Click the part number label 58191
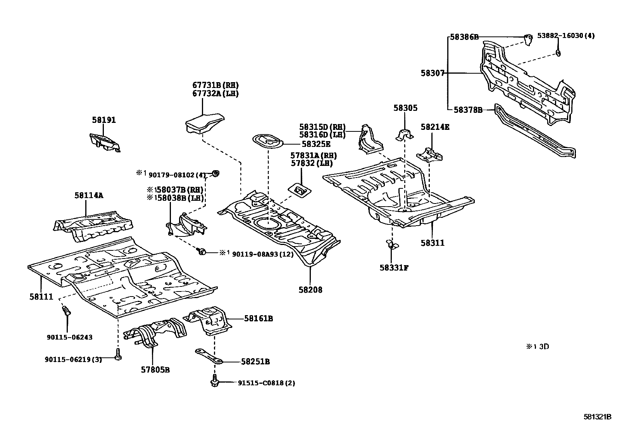pyautogui.click(x=104, y=120)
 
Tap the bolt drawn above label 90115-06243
pyautogui.click(x=66, y=311)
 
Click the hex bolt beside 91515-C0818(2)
pyautogui.click(x=214, y=382)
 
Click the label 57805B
pyautogui.click(x=155, y=369)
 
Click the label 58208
pyautogui.click(x=310, y=290)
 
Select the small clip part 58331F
pyautogui.click(x=392, y=245)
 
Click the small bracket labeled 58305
pyautogui.click(x=404, y=135)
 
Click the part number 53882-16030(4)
pyautogui.click(x=566, y=36)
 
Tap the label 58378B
pyautogui.click(x=468, y=110)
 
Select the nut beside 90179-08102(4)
pyautogui.click(x=216, y=173)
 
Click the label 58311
pyautogui.click(x=433, y=243)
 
